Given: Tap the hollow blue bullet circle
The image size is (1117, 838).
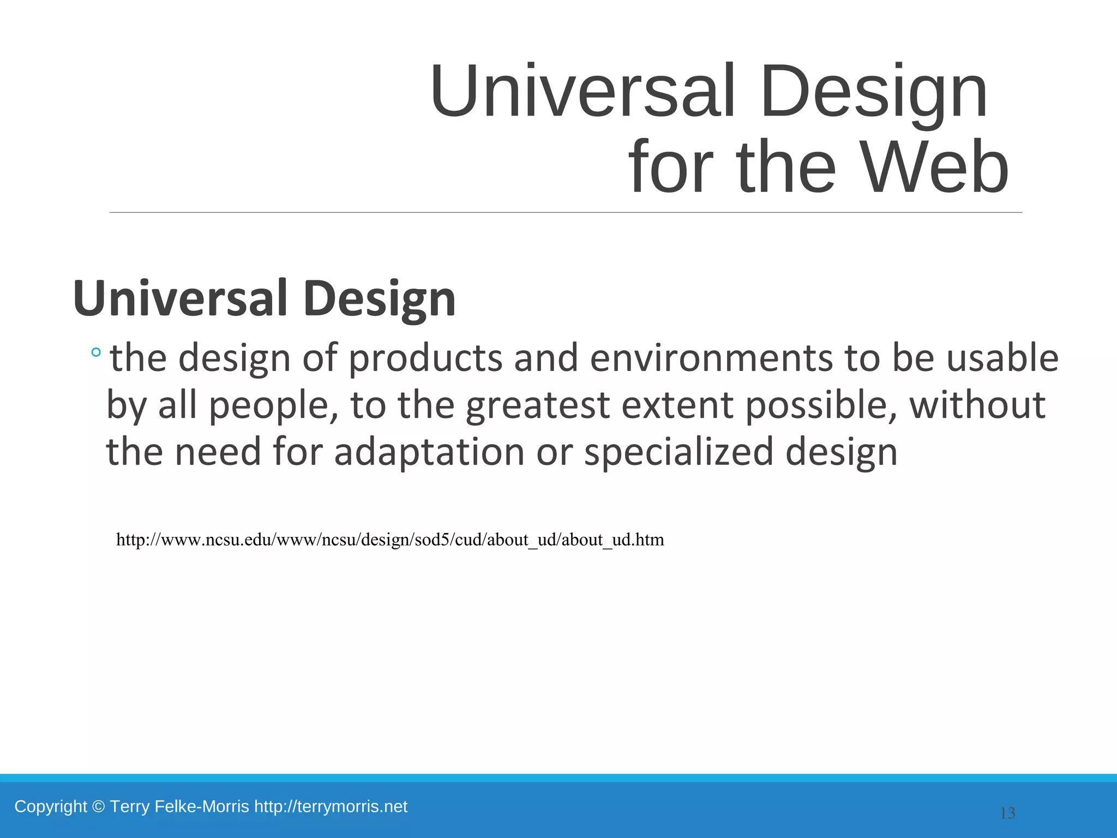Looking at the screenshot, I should [96, 353].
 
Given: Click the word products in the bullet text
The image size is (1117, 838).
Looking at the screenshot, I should [425, 358].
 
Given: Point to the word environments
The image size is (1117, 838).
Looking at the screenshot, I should [711, 358].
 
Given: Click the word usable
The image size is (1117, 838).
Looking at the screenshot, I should [1002, 358].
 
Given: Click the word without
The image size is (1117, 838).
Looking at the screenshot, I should [977, 405].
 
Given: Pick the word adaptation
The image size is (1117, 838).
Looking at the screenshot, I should [429, 452].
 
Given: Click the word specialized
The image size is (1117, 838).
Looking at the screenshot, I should [679, 452].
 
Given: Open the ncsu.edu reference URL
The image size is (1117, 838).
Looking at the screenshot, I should [390, 540].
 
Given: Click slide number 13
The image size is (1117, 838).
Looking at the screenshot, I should [1007, 813].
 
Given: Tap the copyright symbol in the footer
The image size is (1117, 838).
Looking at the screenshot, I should [98, 806].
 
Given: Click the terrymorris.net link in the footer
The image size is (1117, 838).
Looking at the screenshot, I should [331, 806].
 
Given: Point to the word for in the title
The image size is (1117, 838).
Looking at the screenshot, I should [671, 167].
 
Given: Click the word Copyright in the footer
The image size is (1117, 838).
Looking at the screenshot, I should [51, 806].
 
